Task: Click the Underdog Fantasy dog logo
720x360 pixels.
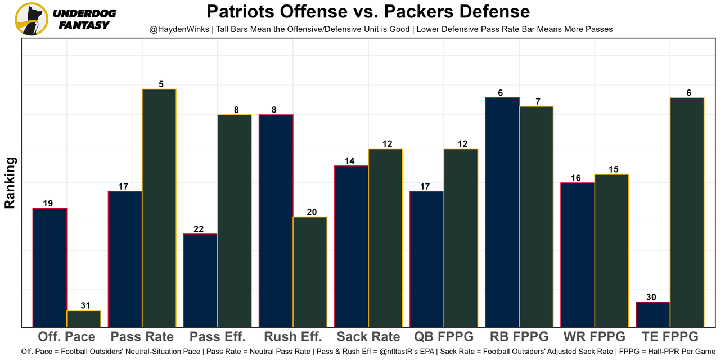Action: click(31, 19)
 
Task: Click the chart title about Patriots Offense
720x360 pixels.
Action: click(368, 12)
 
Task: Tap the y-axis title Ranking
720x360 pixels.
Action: click(10, 183)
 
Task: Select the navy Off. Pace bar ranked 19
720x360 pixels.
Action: click(50, 267)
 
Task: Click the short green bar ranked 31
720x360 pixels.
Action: click(84, 318)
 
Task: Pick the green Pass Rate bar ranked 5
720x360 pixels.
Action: click(159, 208)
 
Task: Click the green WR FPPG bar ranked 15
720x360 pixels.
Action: click(611, 250)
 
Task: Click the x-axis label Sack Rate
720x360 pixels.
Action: click(368, 337)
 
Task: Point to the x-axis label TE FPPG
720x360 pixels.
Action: click(670, 337)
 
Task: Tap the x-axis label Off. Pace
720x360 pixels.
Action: click(67, 337)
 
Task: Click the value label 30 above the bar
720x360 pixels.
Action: click(651, 297)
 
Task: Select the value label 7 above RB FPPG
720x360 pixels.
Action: click(538, 101)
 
